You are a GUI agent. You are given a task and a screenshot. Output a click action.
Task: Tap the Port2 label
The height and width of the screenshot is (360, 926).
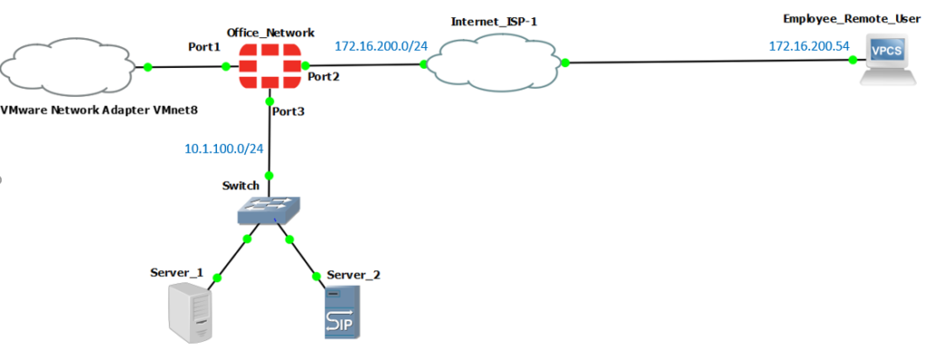coord(323,77)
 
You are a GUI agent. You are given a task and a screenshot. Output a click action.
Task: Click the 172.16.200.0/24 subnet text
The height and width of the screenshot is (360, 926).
coord(381,44)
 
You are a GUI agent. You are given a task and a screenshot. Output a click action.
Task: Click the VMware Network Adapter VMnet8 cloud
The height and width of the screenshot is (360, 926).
coord(71,66)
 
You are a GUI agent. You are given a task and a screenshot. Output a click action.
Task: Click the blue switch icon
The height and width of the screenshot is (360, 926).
coord(268,212)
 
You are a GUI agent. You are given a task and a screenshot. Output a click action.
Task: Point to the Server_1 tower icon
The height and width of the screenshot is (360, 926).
coord(190,311)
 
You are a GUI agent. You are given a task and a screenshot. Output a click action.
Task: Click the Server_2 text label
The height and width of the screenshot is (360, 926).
coord(354,273)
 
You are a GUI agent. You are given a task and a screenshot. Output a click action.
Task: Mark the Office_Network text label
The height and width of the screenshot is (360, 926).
coord(272,32)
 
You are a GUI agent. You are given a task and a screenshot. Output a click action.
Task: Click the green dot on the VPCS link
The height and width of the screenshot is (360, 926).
coord(853,61)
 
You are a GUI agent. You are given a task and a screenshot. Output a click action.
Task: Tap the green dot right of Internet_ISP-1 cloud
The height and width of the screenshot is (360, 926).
coord(564,62)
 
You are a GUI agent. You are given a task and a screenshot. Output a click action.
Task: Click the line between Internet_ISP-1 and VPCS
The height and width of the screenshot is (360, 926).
coord(705,62)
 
